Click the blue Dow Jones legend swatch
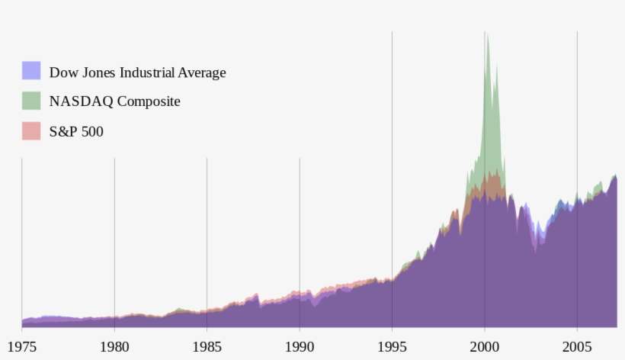tap(31, 71)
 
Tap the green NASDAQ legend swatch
tap(31, 101)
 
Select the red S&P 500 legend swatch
tap(31, 130)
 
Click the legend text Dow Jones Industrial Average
tap(137, 73)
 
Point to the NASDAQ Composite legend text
tap(114, 101)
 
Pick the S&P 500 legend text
tap(76, 132)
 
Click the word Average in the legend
tap(201, 73)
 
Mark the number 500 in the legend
tap(92, 132)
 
